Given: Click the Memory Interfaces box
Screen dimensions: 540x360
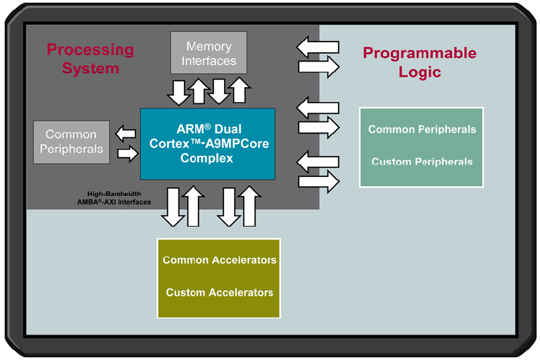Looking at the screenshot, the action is tap(209, 53).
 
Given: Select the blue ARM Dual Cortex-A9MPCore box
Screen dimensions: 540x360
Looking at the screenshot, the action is tap(208, 144).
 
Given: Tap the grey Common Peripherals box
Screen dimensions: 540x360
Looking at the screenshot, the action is tap(71, 142).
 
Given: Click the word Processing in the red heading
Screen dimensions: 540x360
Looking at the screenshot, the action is tap(91, 50).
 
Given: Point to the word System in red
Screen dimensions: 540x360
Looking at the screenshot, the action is tap(91, 68).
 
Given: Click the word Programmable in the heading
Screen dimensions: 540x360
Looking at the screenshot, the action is tap(420, 54).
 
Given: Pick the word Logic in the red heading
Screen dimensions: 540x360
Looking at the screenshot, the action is tap(420, 72).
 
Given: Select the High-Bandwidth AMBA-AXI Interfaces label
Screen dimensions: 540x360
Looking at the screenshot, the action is tap(114, 198).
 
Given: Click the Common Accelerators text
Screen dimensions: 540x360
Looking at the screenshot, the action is tap(219, 260).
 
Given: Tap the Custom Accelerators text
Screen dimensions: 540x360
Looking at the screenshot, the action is tap(219, 292).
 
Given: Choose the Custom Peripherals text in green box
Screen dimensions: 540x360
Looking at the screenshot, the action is tap(422, 162).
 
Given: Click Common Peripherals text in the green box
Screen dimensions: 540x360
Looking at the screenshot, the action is tap(422, 129).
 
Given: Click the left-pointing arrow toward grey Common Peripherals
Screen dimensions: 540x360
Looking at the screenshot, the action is tap(125, 133).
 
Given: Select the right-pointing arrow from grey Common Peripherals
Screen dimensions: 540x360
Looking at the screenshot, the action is tap(127, 154).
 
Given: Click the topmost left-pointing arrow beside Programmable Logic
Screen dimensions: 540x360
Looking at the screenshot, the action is tap(318, 47).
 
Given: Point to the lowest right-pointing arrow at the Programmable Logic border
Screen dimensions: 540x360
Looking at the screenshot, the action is tap(319, 182).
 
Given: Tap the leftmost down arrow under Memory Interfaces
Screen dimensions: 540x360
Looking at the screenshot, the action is tap(178, 93).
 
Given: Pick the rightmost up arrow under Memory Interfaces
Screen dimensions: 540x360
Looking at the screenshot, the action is tap(239, 91).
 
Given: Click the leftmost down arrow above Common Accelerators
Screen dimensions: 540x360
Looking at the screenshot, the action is tap(173, 207).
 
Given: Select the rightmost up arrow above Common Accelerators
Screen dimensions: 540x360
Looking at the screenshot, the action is tap(250, 206).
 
